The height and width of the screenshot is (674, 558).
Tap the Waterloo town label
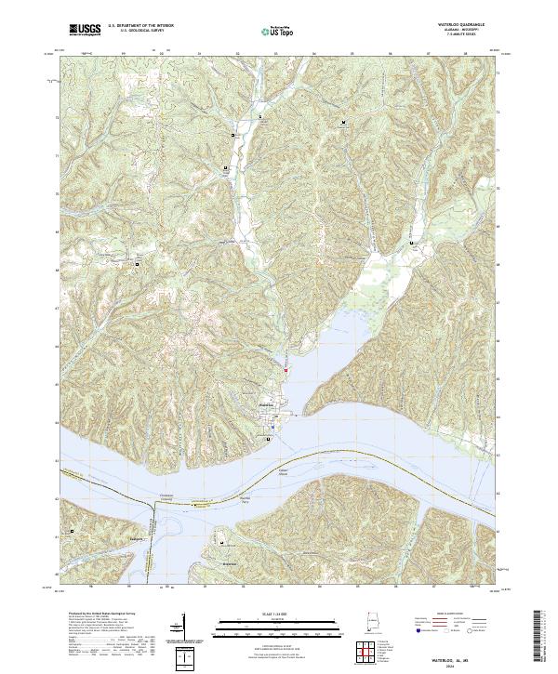(267, 405)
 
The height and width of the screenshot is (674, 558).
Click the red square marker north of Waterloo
(286, 371)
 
